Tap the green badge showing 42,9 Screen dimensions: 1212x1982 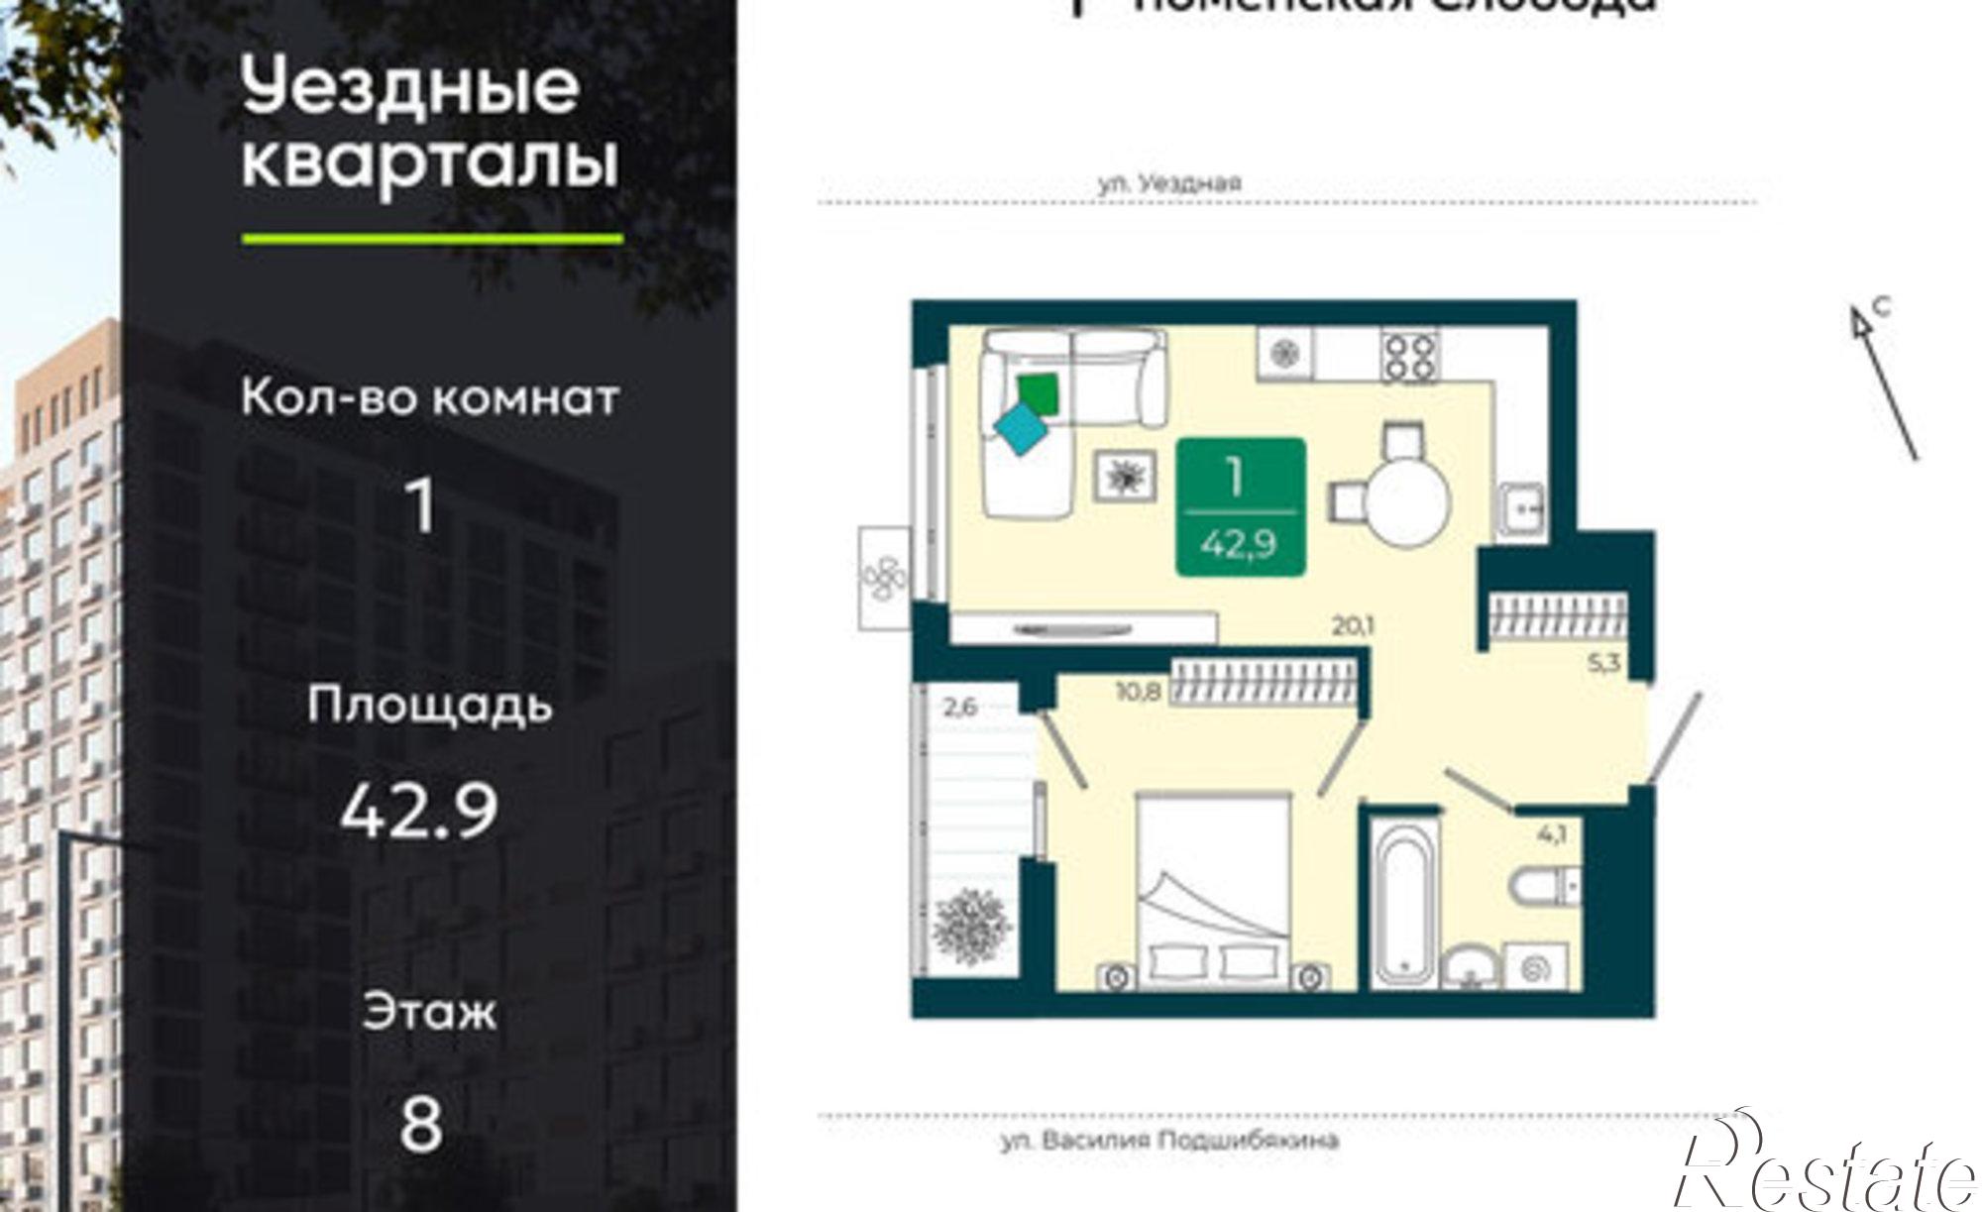1240,507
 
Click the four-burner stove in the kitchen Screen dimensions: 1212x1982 1409,355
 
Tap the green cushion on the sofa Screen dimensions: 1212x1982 1039,394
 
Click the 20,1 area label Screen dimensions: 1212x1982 1354,626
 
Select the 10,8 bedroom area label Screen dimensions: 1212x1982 1138,692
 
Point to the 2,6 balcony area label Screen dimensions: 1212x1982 959,708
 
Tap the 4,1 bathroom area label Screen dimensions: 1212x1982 1551,835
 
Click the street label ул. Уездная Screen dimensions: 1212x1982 1169,183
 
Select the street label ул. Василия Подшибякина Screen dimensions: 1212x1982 1169,1141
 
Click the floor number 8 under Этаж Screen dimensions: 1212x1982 421,1126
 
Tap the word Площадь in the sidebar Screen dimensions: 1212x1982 429,707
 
